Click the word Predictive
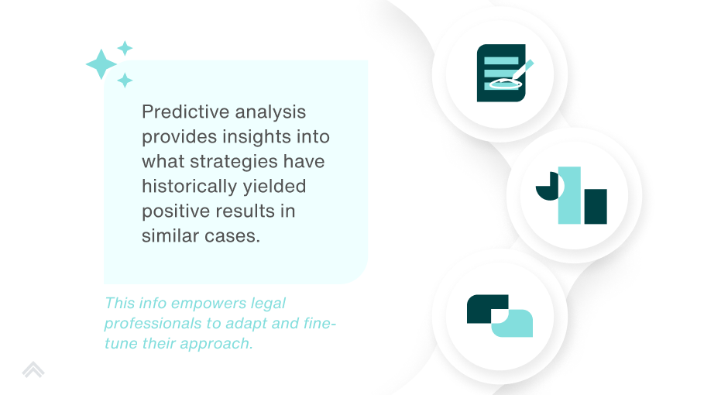pos(185,112)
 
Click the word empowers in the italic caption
pos(208,304)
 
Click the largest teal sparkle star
pos(101,64)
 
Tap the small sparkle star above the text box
pos(125,48)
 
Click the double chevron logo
pos(33,369)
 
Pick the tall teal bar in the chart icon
pos(569,195)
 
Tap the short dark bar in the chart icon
pos(596,207)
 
